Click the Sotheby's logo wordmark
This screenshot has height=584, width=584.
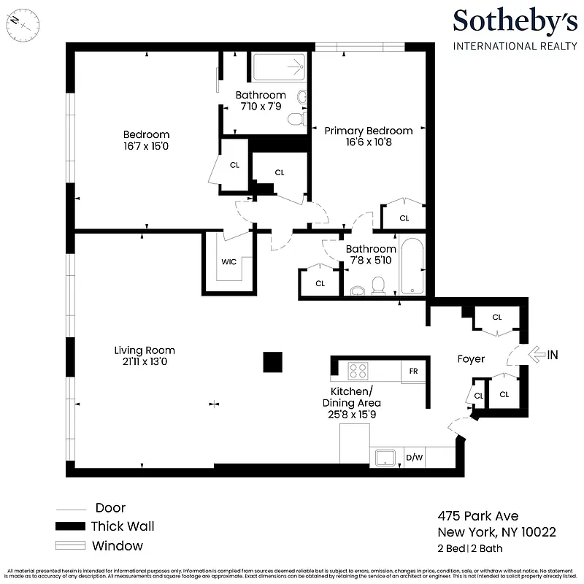[515, 22]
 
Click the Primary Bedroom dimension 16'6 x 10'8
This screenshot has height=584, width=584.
[369, 142]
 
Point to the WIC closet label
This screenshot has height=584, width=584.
[228, 263]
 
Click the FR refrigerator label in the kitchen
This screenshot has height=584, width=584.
[413, 372]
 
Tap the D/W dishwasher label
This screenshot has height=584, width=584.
[414, 458]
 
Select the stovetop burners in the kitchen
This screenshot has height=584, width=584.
[358, 371]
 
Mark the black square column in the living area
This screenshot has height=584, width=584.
[272, 362]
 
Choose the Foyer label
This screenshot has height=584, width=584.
[471, 359]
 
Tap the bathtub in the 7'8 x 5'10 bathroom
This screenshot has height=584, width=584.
[412, 266]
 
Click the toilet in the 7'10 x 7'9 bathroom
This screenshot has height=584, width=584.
[296, 119]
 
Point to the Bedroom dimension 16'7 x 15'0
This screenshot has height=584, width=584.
[146, 146]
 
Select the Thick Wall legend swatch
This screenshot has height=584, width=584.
[71, 526]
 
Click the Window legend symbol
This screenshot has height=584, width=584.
[71, 545]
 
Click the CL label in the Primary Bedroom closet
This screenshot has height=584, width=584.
[404, 218]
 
